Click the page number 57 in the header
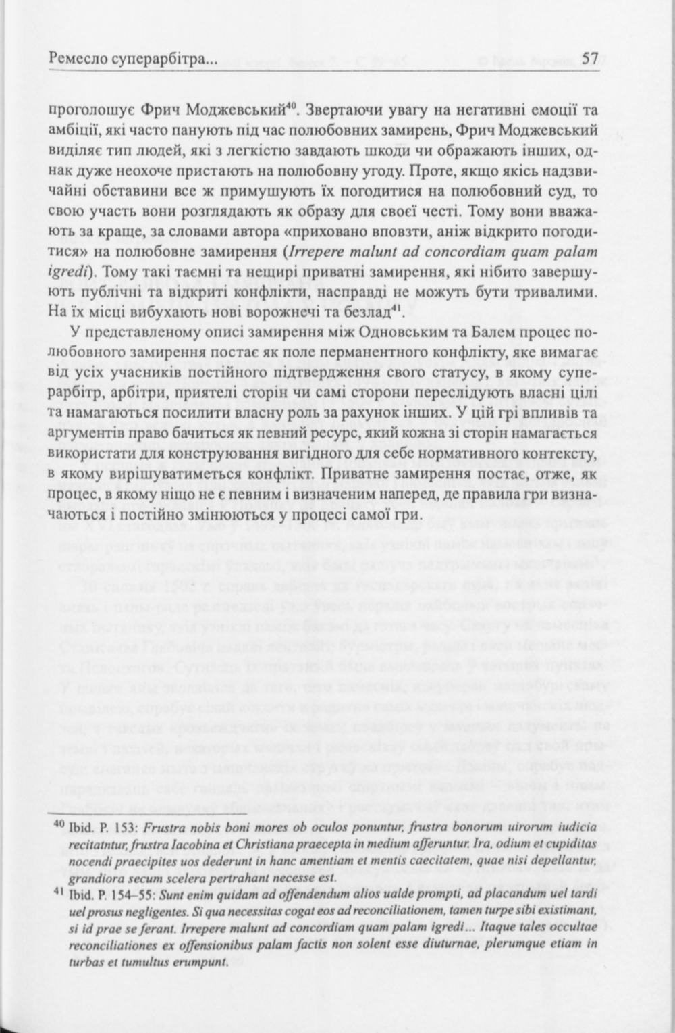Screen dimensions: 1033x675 tap(589, 59)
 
